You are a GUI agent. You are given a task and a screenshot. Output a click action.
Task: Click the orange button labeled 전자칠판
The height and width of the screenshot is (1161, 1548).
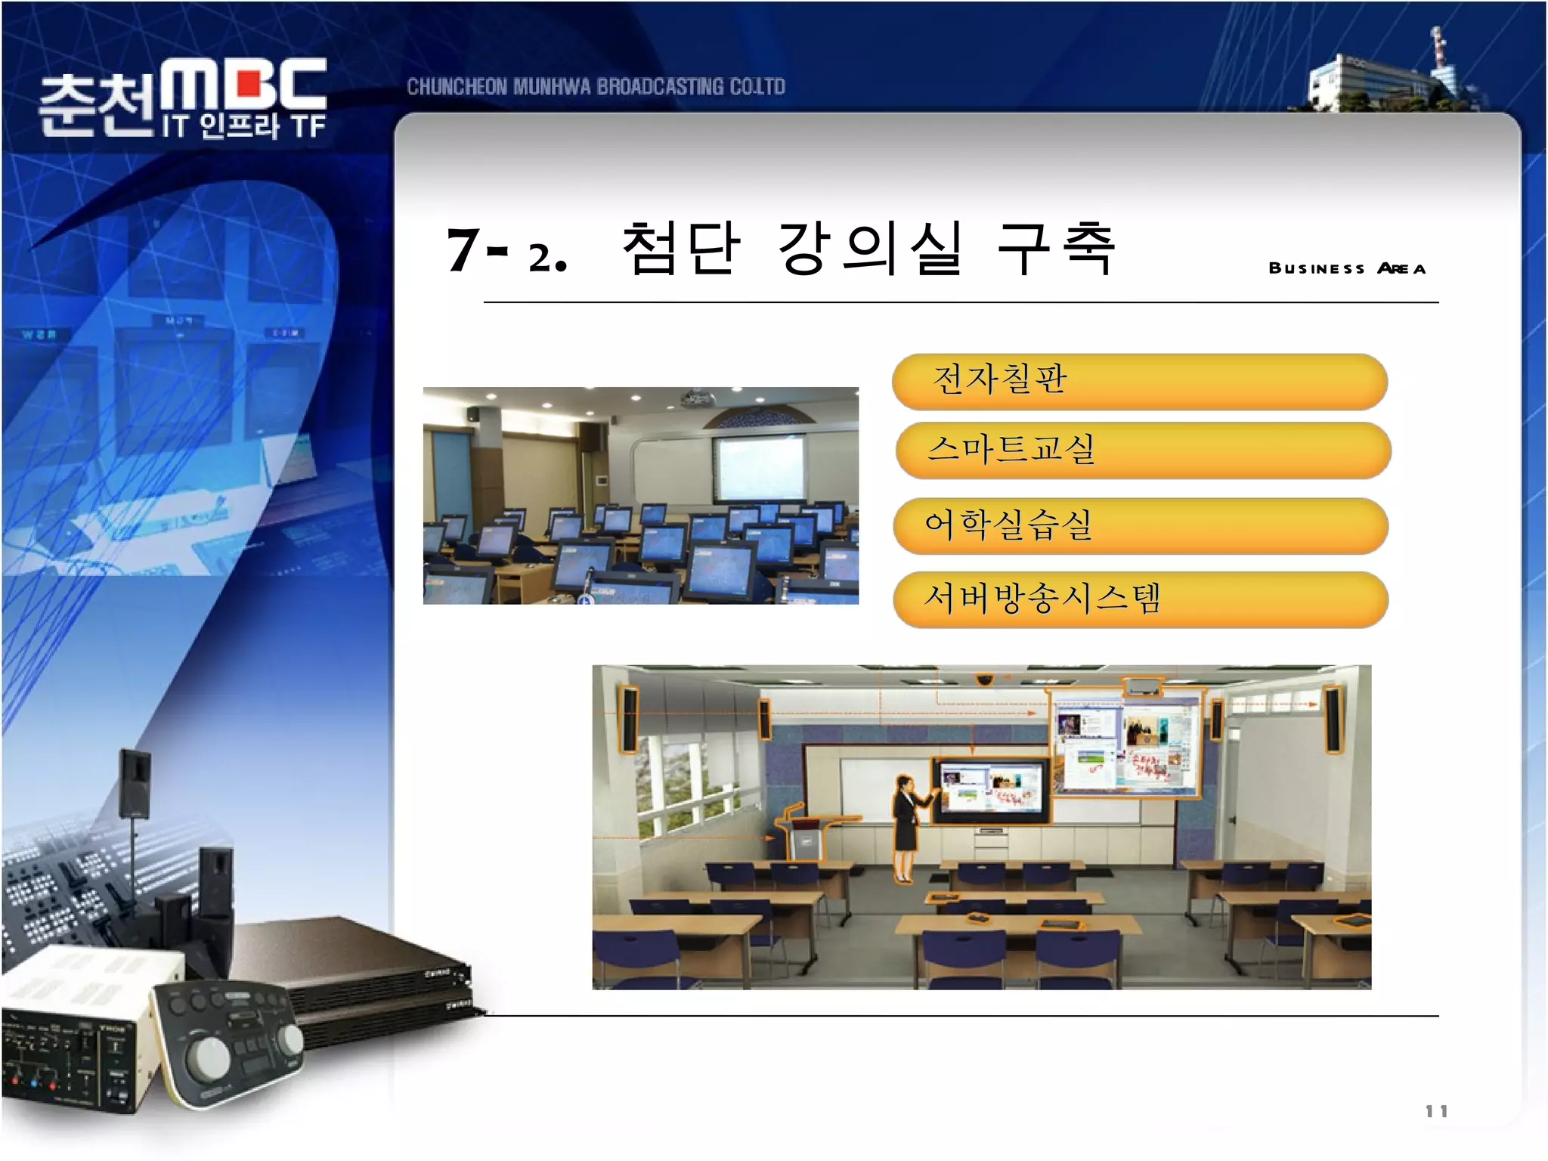point(1139,381)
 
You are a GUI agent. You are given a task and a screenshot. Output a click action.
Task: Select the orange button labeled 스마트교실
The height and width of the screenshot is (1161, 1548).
point(1142,450)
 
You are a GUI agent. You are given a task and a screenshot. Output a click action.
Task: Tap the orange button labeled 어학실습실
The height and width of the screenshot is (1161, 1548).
point(1140,525)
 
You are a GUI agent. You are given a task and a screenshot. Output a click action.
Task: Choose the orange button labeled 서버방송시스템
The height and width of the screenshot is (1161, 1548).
point(1140,599)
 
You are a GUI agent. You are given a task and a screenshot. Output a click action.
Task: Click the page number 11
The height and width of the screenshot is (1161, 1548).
point(1436,1111)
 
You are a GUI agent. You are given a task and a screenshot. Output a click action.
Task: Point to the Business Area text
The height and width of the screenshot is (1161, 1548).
point(1347,268)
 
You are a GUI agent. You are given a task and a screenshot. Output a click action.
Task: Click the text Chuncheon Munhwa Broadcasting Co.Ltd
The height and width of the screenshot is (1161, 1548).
point(596,87)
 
